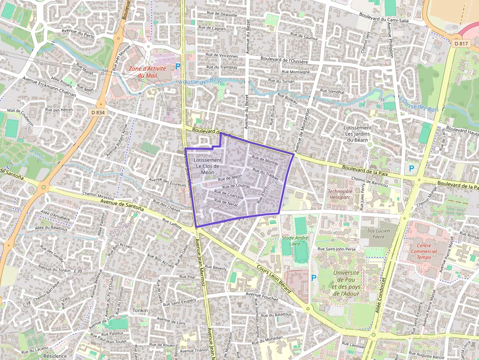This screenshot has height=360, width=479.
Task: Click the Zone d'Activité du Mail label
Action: point(147,72)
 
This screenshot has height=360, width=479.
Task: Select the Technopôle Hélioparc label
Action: point(340,194)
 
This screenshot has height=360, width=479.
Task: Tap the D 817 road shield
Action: point(460,43)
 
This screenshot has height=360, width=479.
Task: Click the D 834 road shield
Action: point(98,112)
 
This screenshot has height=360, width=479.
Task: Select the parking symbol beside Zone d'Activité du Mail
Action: point(178,66)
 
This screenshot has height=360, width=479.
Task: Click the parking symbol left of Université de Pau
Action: point(314,277)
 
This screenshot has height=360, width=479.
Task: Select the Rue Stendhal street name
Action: point(332,91)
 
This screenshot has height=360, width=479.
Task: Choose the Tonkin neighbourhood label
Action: point(140,310)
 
